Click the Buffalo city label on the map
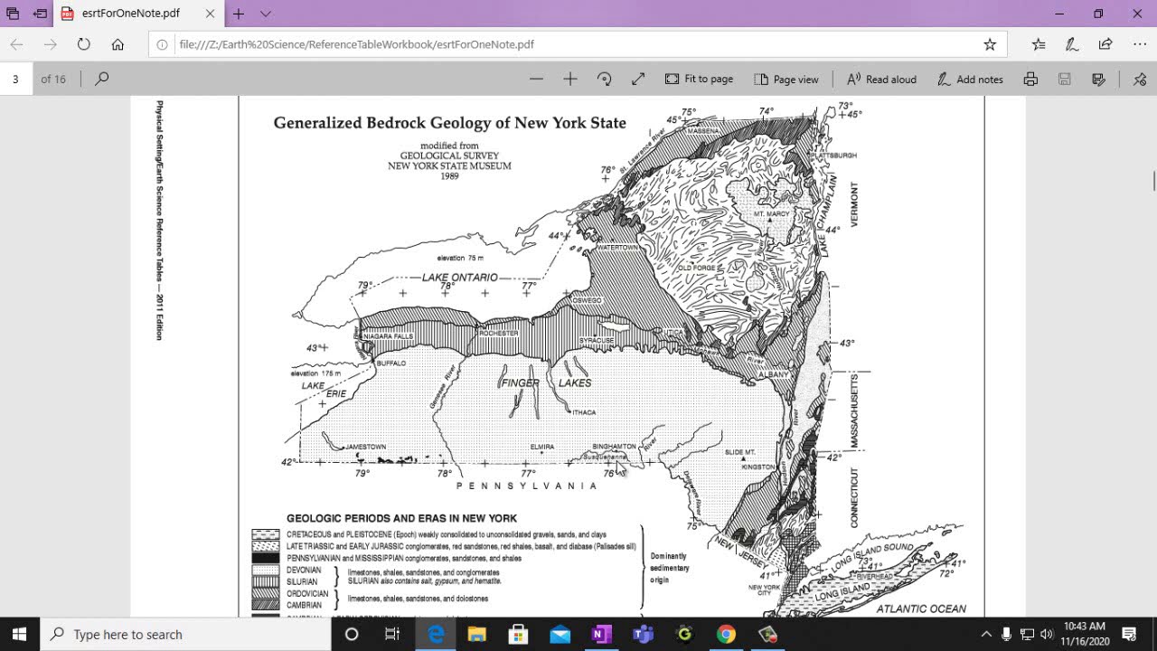pos(391,363)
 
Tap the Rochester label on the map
pos(499,334)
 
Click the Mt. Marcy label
pos(771,213)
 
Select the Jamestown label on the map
pos(364,447)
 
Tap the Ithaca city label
pos(584,412)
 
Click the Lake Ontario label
pos(459,277)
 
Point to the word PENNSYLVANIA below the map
pos(526,486)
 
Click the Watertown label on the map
pos(617,247)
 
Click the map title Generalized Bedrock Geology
pos(449,123)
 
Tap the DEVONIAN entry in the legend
pos(304,571)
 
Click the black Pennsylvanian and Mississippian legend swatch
pos(265,559)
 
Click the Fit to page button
pos(699,80)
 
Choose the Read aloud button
pos(881,80)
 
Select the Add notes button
pos(970,80)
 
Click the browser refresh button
pos(84,44)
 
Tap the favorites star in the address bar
pos(990,44)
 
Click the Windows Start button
pos(19,634)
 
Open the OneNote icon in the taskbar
pos(600,634)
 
